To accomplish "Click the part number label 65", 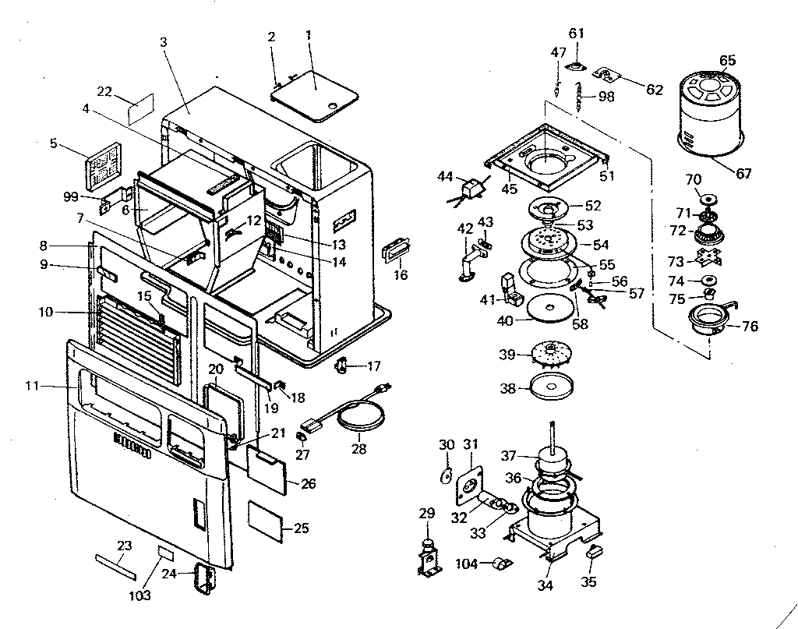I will pyautogui.click(x=727, y=60).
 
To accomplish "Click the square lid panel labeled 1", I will pyautogui.click(x=314, y=99).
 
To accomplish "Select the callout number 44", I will pyautogui.click(x=444, y=178).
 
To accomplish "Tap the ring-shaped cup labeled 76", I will pyautogui.click(x=711, y=320).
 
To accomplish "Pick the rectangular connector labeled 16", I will pyautogui.click(x=397, y=254).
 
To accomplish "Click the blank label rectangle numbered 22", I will pyautogui.click(x=141, y=111).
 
